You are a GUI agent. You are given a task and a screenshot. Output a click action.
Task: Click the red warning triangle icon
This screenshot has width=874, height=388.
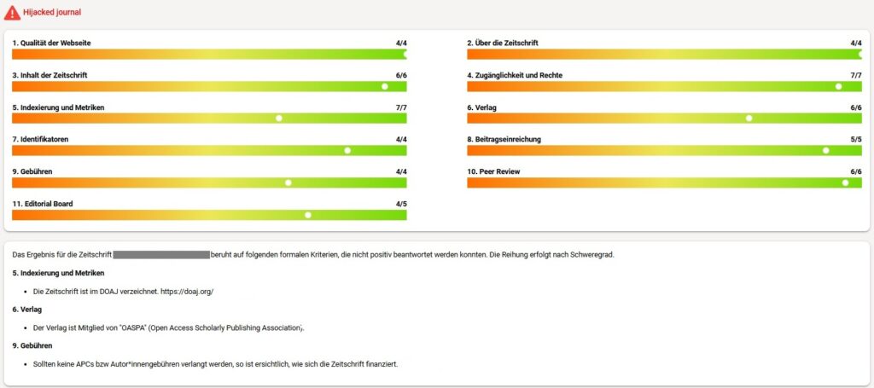click(x=12, y=13)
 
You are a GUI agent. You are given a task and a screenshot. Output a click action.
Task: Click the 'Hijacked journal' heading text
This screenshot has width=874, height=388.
click(x=53, y=13)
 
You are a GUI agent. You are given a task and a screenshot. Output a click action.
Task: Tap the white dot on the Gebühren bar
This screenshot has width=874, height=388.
click(x=288, y=182)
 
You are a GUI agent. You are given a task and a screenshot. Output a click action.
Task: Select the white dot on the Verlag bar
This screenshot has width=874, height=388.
click(x=749, y=119)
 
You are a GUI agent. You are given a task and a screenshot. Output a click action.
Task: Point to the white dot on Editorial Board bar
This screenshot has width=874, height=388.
click(x=308, y=215)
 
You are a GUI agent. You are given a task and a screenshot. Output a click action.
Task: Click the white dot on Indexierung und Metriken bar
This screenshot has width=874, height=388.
click(x=279, y=119)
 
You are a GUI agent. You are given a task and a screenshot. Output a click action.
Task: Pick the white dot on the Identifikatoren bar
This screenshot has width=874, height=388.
click(x=347, y=151)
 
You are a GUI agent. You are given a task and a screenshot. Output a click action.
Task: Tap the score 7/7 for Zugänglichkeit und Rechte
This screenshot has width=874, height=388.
click(x=856, y=75)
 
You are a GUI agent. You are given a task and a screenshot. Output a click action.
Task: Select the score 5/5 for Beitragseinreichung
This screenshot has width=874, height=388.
click(x=856, y=139)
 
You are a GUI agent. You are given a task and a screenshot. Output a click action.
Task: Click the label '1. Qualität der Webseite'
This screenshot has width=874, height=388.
click(x=52, y=43)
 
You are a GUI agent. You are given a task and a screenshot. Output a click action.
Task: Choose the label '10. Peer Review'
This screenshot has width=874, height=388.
click(x=493, y=171)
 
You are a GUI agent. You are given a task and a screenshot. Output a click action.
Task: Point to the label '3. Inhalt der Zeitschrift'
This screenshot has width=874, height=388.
click(x=50, y=75)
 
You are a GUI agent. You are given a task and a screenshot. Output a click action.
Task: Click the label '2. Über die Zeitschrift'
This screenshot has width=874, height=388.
click(x=503, y=43)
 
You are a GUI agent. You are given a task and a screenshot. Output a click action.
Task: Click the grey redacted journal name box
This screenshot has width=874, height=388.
click(x=161, y=254)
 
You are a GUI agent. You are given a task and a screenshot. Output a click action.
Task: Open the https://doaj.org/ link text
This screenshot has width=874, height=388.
click(x=187, y=292)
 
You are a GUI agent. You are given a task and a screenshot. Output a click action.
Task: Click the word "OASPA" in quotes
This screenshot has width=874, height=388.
click(x=135, y=327)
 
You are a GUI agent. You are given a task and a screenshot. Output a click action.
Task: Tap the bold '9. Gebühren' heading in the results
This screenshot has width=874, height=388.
click(x=32, y=345)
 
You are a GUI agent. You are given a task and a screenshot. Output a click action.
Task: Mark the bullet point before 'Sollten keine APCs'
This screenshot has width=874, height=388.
click(x=26, y=365)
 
